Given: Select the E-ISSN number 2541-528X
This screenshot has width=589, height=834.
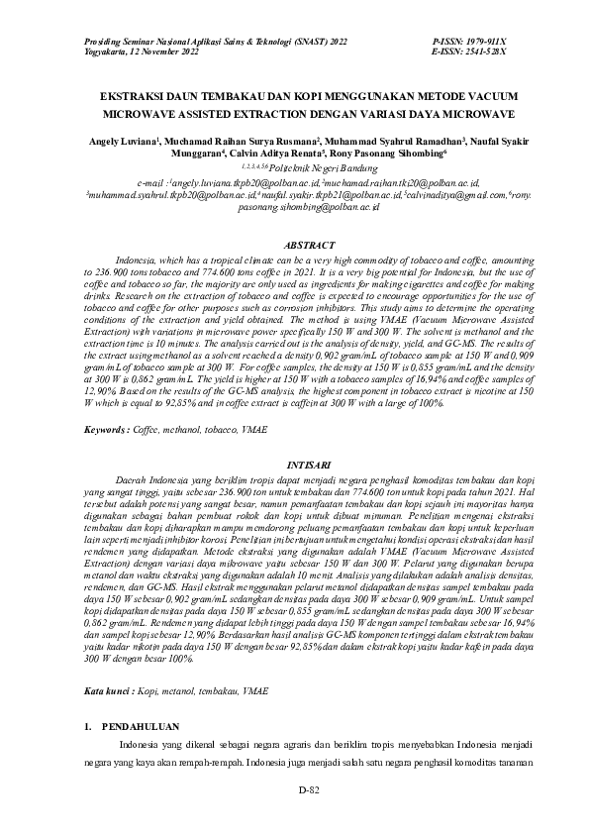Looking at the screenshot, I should pos(482,52).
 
